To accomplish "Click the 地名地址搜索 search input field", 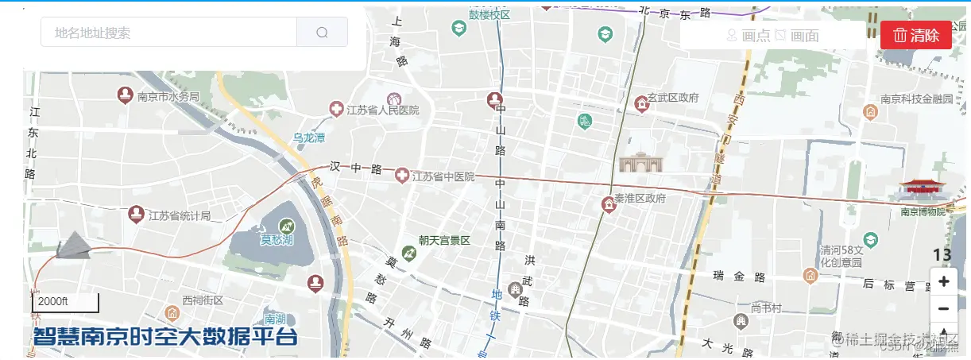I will pyautogui.click(x=168, y=33).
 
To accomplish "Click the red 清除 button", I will pyautogui.click(x=915, y=35).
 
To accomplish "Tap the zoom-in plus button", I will pyautogui.click(x=943, y=281).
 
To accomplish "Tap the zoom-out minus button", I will pyautogui.click(x=943, y=308).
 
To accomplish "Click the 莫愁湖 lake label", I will pyautogui.click(x=277, y=239).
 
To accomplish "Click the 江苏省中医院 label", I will pyautogui.click(x=443, y=176).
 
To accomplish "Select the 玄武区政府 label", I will pyautogui.click(x=672, y=98).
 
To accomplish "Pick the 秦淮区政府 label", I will pyautogui.click(x=640, y=198).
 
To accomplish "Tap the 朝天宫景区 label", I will pyautogui.click(x=444, y=240).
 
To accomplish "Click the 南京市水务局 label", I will pyautogui.click(x=168, y=97).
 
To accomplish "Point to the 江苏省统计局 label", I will pyautogui.click(x=180, y=215).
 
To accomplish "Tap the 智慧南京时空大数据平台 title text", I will pyautogui.click(x=164, y=337).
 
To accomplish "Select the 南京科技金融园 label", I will pyautogui.click(x=915, y=99).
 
